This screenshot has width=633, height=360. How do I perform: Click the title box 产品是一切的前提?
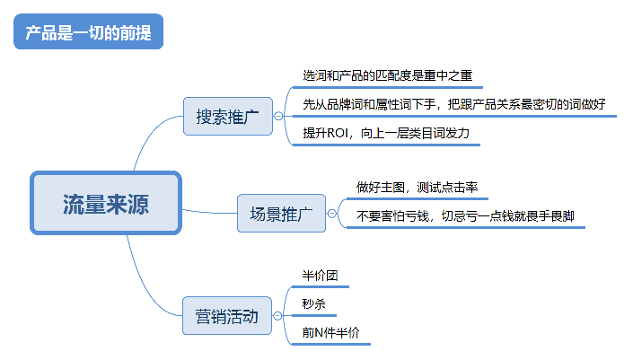[88, 31]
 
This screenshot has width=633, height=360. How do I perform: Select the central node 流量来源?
[106, 203]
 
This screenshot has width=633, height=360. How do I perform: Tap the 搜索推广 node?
[228, 116]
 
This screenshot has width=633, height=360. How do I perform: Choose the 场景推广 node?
[281, 213]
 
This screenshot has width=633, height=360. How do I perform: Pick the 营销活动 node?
[227, 316]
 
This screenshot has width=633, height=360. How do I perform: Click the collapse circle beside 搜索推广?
[278, 116]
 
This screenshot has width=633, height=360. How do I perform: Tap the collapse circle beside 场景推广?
[331, 214]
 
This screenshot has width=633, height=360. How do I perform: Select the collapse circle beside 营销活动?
[277, 316]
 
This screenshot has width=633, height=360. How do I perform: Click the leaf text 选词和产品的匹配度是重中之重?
[388, 75]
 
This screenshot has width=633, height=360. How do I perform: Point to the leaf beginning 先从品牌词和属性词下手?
[454, 104]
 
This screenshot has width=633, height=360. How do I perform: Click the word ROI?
[337, 133]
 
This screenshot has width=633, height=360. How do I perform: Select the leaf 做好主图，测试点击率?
[417, 188]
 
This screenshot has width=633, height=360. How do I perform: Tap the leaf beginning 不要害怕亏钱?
[465, 216]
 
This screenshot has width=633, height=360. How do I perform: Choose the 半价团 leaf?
[320, 276]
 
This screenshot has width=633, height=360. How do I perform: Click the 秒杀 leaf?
[313, 304]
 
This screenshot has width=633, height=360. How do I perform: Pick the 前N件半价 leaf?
[330, 332]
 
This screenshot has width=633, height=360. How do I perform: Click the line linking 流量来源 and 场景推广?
[209, 212]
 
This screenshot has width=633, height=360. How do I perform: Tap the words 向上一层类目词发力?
[415, 133]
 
